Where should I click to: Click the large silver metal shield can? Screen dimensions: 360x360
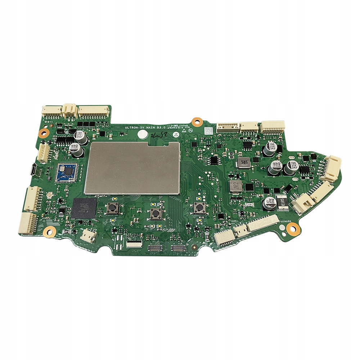(x=132, y=167)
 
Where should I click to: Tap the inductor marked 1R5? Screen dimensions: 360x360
(x=243, y=162)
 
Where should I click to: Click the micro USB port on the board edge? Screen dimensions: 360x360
(x=33, y=169)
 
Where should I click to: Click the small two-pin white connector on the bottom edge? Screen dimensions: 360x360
(x=87, y=235)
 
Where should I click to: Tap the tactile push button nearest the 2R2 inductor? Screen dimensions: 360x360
(x=198, y=208)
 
